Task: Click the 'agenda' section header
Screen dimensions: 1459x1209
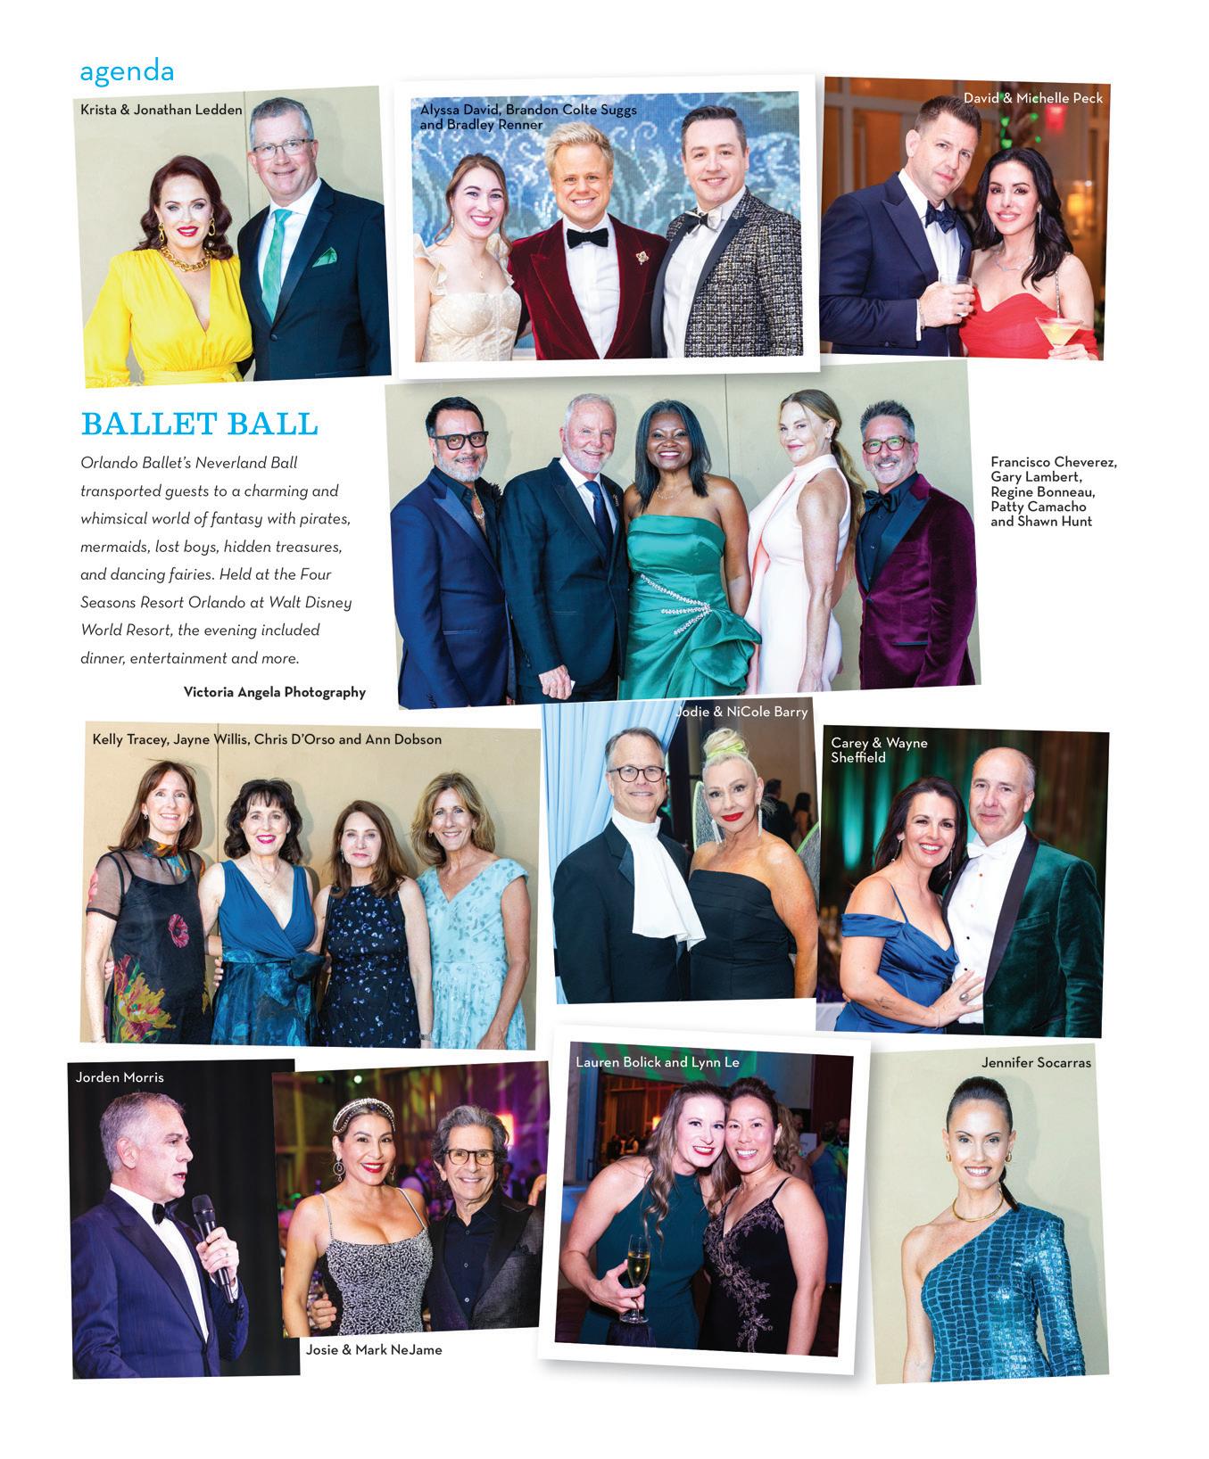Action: [x=127, y=70]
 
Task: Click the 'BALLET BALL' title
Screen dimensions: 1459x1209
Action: [x=199, y=424]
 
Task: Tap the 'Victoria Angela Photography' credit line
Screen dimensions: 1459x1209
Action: [x=274, y=692]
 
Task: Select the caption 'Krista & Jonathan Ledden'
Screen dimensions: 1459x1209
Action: [x=161, y=110]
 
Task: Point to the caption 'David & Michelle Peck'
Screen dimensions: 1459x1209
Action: [x=1032, y=97]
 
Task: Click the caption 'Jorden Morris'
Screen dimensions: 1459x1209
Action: [x=120, y=1077]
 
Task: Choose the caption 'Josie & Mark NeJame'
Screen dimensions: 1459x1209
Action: [x=374, y=1349]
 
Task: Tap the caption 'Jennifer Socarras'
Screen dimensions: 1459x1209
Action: [x=1036, y=1062]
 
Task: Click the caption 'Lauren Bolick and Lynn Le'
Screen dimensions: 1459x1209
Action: [x=658, y=1062]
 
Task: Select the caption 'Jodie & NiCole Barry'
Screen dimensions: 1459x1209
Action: [x=742, y=712]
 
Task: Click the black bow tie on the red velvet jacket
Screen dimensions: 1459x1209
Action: [x=587, y=237]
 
